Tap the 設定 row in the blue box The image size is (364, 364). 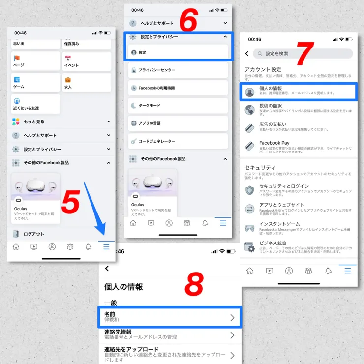tap(178, 52)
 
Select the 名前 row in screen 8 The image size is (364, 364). tap(169, 317)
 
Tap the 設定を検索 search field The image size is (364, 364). tap(303, 53)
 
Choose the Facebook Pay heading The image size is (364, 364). tap(274, 143)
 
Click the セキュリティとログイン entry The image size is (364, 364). tap(284, 186)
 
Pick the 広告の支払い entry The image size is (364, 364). tap(273, 125)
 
